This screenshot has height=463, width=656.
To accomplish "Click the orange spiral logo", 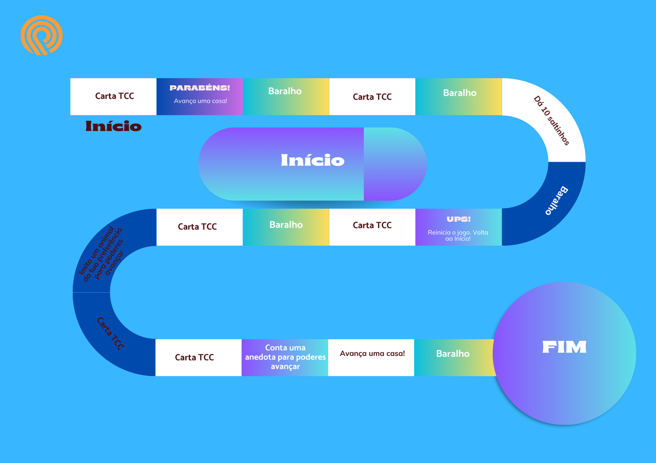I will (x=41, y=35).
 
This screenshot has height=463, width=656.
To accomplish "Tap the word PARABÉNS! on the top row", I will (x=200, y=88).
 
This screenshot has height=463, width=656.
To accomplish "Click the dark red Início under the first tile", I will (x=113, y=126).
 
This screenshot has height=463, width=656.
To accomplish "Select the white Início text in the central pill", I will (x=312, y=160).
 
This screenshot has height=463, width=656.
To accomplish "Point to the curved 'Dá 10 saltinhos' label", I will (x=551, y=121).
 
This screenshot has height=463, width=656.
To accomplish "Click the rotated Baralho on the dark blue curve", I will (x=557, y=200).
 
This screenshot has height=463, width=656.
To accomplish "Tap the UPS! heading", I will (x=459, y=219).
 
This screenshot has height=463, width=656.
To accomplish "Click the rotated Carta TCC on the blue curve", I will (x=110, y=333).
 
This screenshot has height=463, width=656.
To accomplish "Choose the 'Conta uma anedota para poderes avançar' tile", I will (x=285, y=357).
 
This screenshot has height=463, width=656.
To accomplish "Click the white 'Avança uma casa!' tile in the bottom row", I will (x=372, y=354).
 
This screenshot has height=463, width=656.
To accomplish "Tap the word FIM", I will (x=564, y=347).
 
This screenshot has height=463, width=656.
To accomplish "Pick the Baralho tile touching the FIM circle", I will (x=453, y=354).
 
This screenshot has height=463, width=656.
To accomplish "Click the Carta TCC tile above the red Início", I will (x=114, y=96).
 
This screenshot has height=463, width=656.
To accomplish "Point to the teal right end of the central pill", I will (x=394, y=164).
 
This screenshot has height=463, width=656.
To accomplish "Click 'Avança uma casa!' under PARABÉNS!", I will (x=200, y=101).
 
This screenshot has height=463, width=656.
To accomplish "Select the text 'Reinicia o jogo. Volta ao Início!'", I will (x=458, y=235).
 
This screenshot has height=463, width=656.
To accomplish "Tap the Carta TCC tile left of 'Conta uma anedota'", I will (x=194, y=357).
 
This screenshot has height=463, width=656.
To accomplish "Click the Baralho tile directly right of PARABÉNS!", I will (x=285, y=92).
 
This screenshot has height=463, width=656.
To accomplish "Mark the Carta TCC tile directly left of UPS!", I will (x=372, y=225).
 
